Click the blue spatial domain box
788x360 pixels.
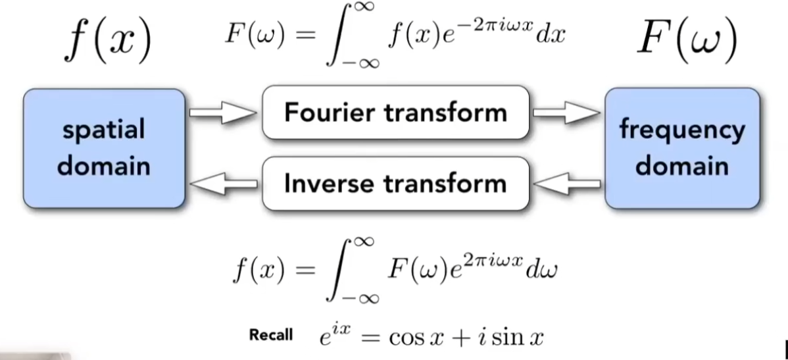pyautogui.click(x=104, y=148)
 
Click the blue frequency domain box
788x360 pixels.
pyautogui.click(x=682, y=148)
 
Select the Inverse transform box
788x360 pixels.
pyautogui.click(x=395, y=183)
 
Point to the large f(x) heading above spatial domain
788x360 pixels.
pyautogui.click(x=108, y=40)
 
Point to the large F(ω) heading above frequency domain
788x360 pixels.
pyautogui.click(x=687, y=40)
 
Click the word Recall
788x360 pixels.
pyautogui.click(x=271, y=335)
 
